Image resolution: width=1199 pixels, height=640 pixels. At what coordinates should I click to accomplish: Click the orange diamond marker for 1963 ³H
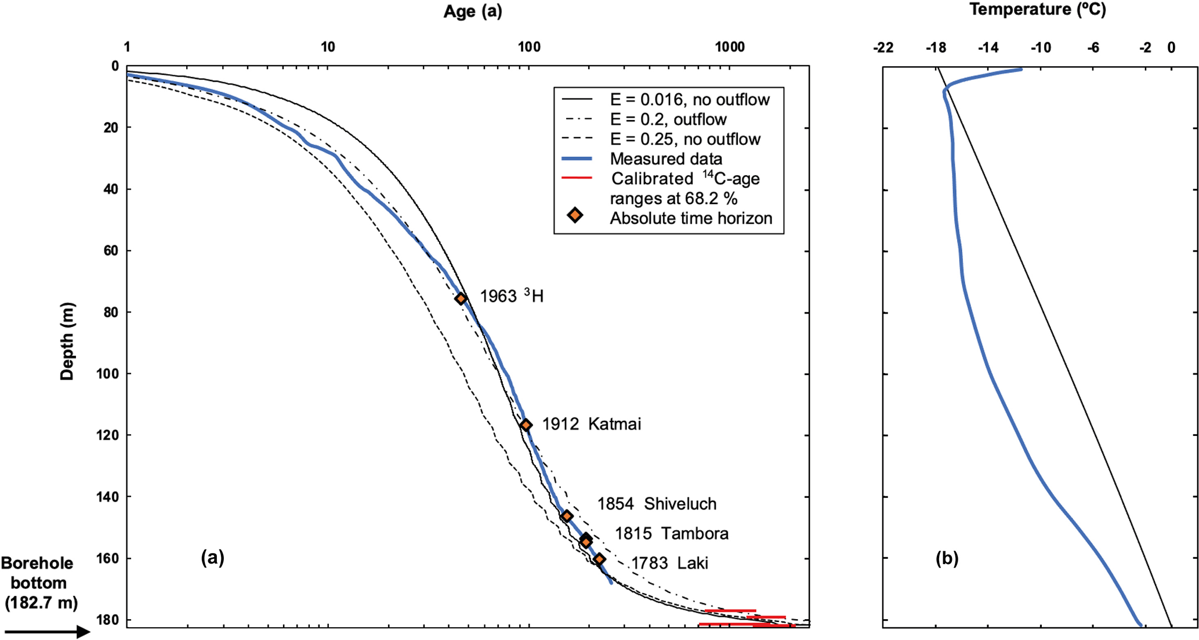point(461,299)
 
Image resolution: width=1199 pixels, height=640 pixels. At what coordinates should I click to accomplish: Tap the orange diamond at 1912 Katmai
point(526,425)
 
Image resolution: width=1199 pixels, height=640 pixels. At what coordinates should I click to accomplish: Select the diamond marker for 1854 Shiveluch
point(567,516)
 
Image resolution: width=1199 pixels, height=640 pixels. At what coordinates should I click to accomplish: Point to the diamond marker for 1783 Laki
point(599,559)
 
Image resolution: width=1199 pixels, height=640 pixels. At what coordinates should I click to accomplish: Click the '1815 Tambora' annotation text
point(671,533)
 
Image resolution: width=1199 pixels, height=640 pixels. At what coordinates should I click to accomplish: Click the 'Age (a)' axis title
point(472,12)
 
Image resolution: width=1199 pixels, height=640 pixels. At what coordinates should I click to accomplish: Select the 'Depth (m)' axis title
point(67,341)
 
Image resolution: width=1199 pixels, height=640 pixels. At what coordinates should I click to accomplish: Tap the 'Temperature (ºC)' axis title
point(1037,9)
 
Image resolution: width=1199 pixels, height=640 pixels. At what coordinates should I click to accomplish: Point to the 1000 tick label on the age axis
point(729,47)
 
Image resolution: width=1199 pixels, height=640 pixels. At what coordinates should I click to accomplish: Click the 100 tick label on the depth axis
point(107,374)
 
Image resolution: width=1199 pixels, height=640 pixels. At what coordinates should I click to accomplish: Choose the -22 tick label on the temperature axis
point(883,48)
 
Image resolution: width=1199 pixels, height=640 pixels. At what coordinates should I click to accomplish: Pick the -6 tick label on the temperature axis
point(1093,48)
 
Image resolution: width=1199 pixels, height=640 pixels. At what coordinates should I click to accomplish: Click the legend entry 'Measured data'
point(665,159)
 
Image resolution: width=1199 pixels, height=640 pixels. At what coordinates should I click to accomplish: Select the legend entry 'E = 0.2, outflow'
point(668,119)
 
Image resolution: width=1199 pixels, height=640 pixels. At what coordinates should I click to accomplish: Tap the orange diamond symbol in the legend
point(575,216)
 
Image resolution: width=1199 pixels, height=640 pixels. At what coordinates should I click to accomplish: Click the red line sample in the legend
point(577,178)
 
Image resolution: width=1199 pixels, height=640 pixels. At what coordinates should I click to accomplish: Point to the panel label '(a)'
point(212,558)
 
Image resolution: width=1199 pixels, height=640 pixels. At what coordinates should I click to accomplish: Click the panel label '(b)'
point(947,558)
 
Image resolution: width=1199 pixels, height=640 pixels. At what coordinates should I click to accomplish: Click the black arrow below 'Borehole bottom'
point(46,631)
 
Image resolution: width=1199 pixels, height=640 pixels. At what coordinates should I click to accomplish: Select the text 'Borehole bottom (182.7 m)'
point(38,583)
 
